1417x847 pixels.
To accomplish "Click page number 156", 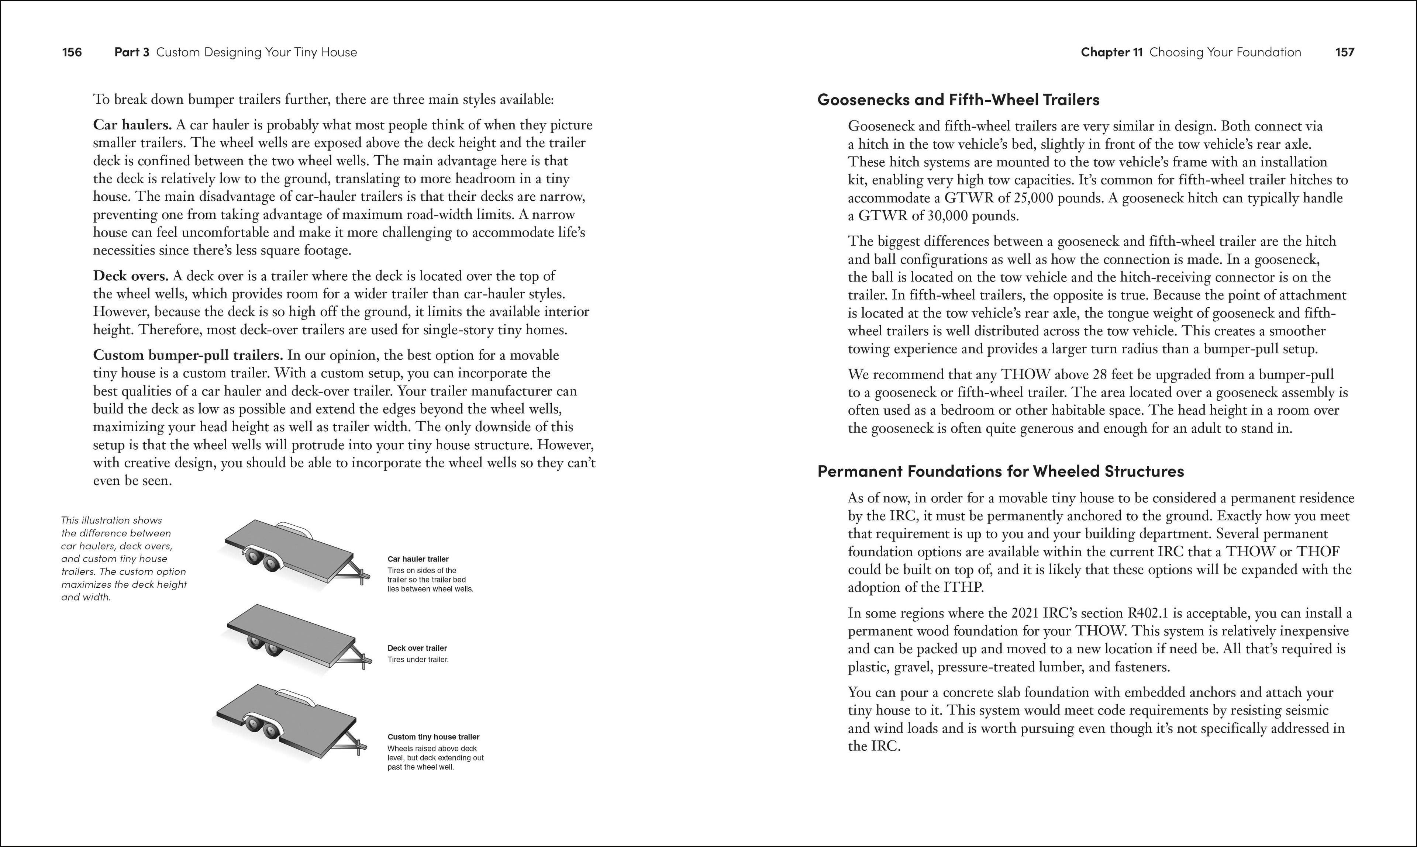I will tap(72, 52).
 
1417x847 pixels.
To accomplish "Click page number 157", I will tap(1345, 52).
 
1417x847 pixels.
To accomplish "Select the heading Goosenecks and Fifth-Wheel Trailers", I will tap(958, 100).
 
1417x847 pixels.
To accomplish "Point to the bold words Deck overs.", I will tap(131, 276).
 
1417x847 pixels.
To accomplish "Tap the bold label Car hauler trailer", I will tap(418, 559).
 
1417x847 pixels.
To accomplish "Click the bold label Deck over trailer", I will tap(417, 649).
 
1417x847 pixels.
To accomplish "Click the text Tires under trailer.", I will tap(418, 660).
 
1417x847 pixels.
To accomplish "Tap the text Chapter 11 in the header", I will tap(1111, 52).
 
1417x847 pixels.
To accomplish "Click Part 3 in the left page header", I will tap(131, 52).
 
